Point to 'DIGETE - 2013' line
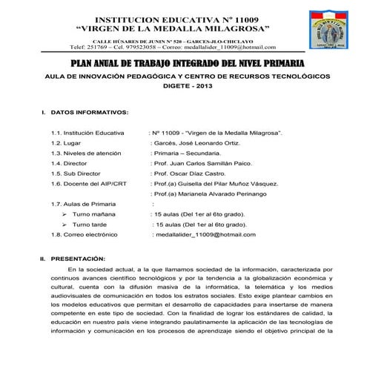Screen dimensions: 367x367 [183, 86]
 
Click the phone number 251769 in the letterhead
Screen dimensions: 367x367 [98, 47]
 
